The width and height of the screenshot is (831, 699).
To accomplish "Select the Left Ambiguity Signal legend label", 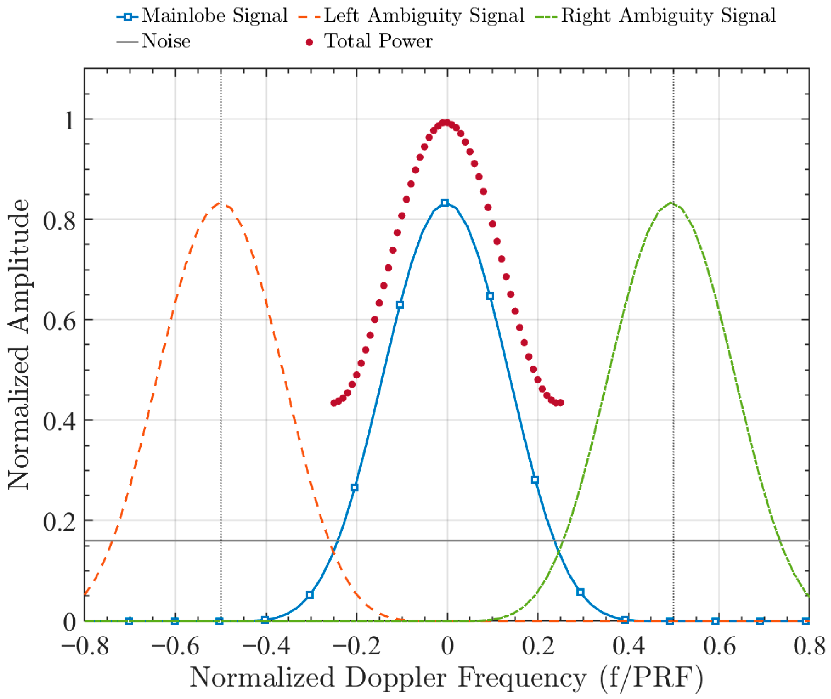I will (424, 16).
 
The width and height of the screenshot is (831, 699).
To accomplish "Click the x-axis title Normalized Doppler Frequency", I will (446, 678).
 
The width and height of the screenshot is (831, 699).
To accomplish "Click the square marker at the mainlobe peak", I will (445, 203).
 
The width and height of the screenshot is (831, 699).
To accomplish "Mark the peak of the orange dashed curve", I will (220, 203).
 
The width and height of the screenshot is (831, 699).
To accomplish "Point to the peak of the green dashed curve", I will (672, 203).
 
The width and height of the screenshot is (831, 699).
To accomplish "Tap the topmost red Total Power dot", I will (446, 122).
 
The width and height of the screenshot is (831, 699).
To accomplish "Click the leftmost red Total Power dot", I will (334, 403).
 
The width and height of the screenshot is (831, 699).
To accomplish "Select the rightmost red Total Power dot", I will (560, 403).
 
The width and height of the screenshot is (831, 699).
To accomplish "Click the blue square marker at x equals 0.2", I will (535, 480).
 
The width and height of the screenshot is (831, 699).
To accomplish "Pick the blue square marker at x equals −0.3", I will (310, 595).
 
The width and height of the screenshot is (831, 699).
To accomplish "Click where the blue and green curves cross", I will (558, 552).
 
